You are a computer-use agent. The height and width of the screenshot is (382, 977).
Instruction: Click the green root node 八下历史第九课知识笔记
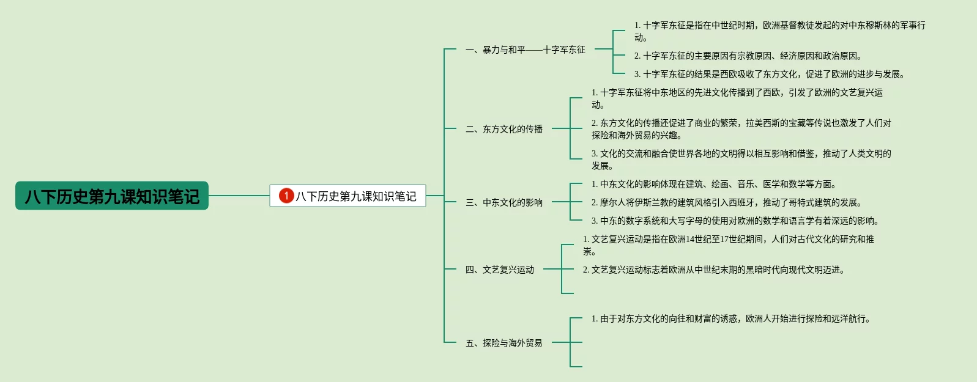click(x=112, y=196)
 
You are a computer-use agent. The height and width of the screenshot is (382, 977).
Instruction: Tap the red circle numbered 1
click(x=286, y=196)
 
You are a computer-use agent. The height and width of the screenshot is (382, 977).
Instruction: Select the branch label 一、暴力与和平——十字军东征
click(x=525, y=50)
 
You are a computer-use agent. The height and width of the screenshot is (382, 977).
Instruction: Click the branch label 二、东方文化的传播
click(x=503, y=129)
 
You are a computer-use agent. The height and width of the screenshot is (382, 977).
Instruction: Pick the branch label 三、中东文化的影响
click(x=503, y=202)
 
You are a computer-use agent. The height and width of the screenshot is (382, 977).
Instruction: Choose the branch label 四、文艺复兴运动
click(x=499, y=270)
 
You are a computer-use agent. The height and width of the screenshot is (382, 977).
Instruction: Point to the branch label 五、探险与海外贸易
click(x=503, y=343)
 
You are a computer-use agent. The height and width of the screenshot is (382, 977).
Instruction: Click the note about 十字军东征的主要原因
click(x=748, y=56)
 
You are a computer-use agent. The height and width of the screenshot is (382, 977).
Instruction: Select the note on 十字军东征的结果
click(x=769, y=74)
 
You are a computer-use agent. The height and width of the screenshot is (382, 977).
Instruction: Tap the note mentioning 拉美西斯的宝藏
click(x=741, y=129)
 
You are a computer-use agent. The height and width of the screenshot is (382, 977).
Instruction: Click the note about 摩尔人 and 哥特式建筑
click(x=726, y=202)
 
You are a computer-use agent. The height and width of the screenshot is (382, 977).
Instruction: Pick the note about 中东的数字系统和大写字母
click(x=735, y=221)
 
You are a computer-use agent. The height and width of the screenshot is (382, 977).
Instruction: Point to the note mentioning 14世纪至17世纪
click(x=728, y=245)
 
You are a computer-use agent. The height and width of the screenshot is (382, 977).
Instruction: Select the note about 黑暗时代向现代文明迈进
click(x=713, y=270)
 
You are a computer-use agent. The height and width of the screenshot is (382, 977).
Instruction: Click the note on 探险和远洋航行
click(x=730, y=318)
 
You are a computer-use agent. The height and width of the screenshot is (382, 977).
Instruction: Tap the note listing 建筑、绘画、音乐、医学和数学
click(x=713, y=184)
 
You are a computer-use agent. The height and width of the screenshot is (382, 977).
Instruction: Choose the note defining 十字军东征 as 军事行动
click(x=779, y=31)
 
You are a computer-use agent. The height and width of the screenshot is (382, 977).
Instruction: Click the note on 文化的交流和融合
click(x=741, y=160)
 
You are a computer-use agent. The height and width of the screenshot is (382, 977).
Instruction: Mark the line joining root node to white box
click(x=239, y=196)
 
